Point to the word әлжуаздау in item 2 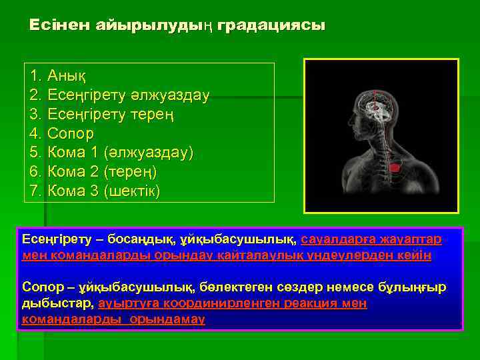coord(174,96)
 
